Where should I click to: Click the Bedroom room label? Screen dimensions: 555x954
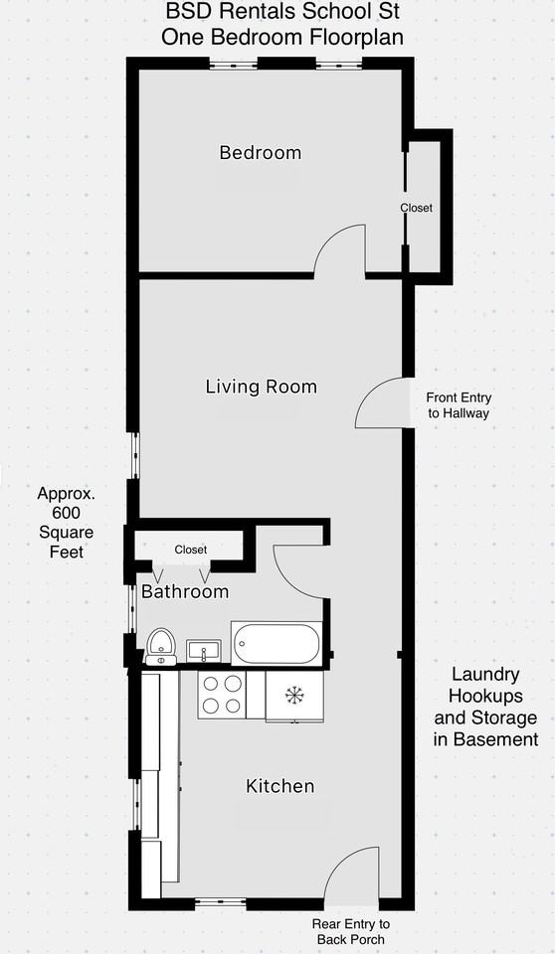point(261,152)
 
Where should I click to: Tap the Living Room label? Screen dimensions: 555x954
point(262,387)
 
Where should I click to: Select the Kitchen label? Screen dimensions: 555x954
point(280,786)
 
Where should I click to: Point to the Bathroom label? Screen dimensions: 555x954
point(185,591)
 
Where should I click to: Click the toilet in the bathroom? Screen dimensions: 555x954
point(161,647)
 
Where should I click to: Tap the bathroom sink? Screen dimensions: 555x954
point(204,650)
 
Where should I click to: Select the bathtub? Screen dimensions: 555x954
point(277,644)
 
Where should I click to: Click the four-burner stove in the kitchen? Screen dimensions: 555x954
point(222,695)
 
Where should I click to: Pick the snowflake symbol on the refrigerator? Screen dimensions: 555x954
point(294,694)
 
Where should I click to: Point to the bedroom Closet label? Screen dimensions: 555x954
point(416,208)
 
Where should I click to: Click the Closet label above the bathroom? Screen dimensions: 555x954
point(191,550)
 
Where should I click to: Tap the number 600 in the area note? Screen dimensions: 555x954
point(67,513)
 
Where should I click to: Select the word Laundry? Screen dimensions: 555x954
point(485,674)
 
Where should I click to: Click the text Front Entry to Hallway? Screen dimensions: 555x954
point(459,405)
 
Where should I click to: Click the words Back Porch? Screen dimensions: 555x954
point(351,939)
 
